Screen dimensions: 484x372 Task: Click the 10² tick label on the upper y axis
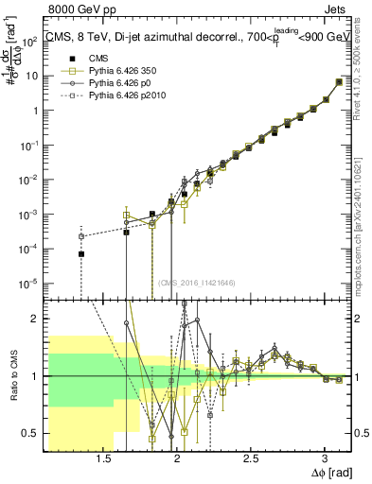30,41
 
